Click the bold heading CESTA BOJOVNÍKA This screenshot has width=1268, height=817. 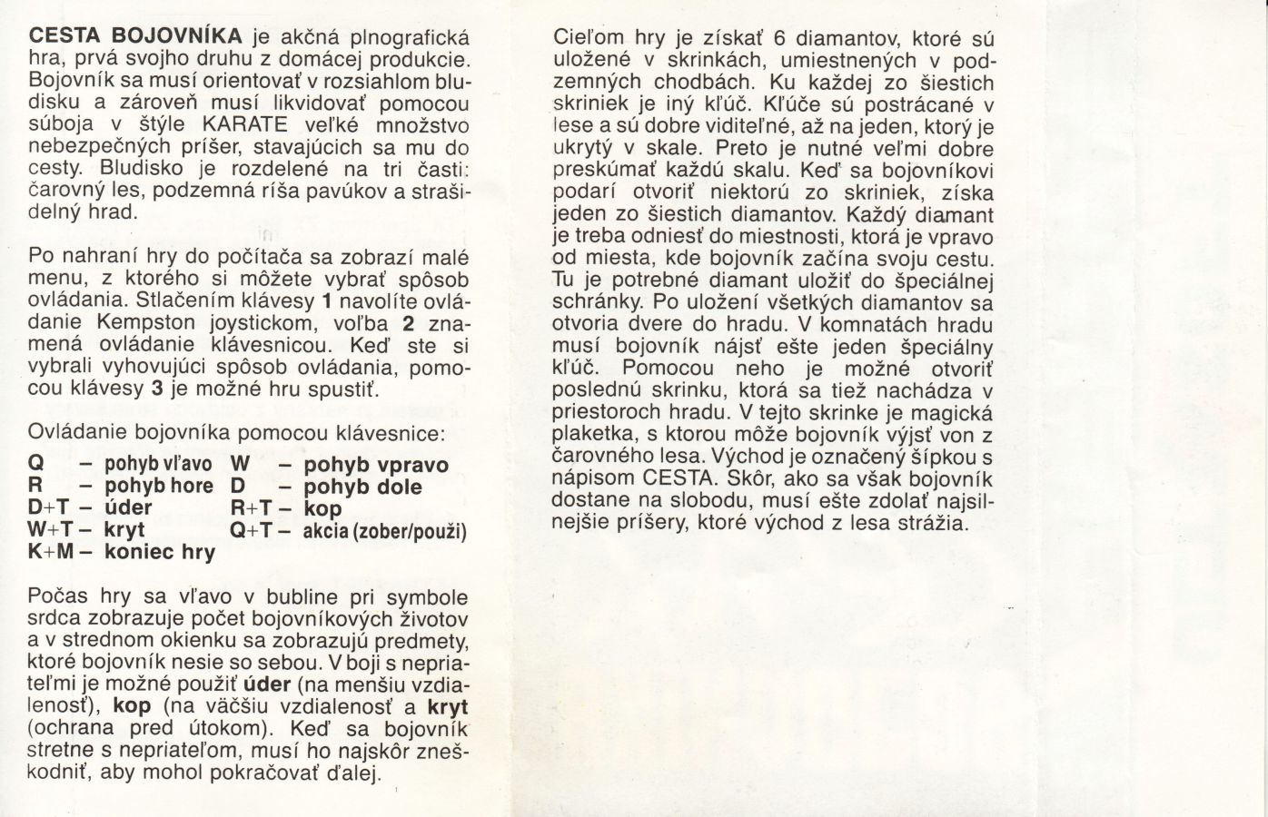pyautogui.click(x=136, y=37)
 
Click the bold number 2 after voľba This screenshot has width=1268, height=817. pyautogui.click(x=409, y=322)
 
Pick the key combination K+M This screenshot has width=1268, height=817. pyautogui.click(x=52, y=552)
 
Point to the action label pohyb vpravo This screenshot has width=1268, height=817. pyautogui.click(x=376, y=466)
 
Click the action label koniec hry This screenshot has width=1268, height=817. pyautogui.click(x=160, y=552)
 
